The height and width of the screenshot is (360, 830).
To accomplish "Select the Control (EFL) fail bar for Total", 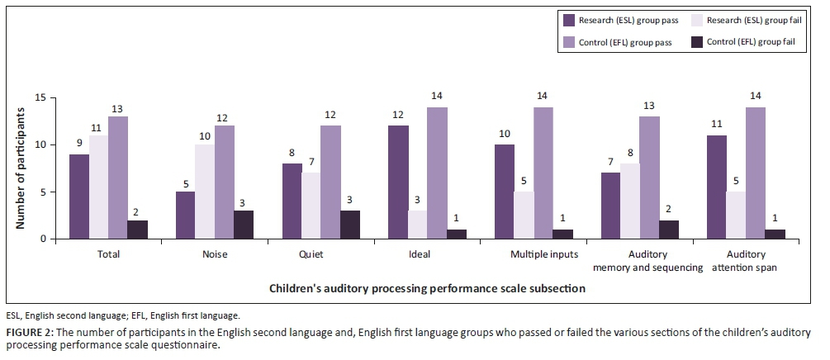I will (x=138, y=230).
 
